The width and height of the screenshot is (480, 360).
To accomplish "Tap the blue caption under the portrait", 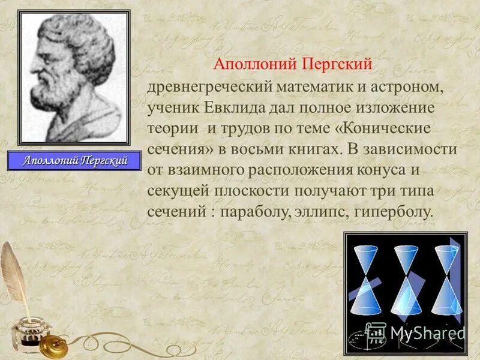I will click(75, 161).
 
